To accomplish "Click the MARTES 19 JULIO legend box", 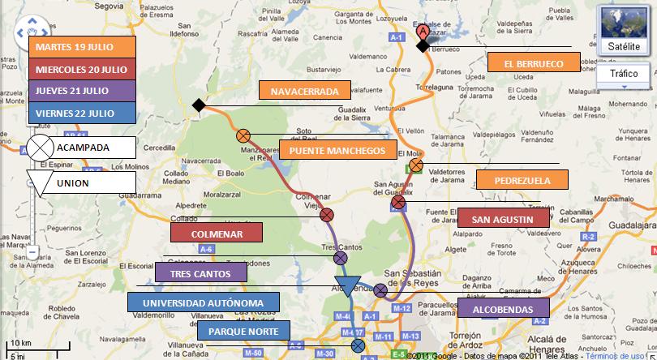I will tap(80, 47).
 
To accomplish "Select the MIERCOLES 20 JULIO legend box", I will tap(80, 68).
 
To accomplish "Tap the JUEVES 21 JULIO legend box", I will tap(80, 90).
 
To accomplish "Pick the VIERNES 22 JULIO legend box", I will tap(80, 113).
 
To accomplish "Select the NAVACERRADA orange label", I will tap(304, 90).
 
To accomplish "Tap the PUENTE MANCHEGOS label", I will tap(337, 150).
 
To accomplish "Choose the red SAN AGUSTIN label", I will tap(503, 219).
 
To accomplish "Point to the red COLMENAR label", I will tap(217, 233).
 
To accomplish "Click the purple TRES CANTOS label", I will tap(200, 273).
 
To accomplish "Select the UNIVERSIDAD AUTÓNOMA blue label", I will tap(204, 302).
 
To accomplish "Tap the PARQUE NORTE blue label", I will tap(243, 331).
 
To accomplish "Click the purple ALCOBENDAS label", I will tap(503, 309).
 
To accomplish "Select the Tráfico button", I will tap(624, 74).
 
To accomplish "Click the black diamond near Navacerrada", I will tap(198, 105).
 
